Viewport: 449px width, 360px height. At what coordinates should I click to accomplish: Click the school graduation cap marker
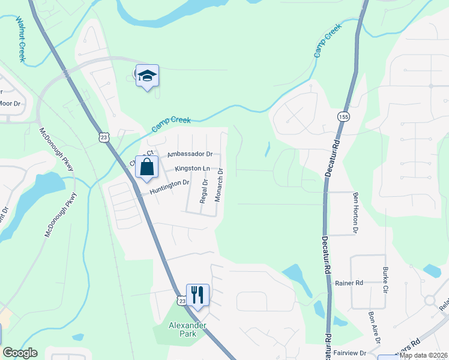point(147,76)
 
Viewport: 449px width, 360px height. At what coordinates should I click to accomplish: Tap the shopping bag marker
point(147,167)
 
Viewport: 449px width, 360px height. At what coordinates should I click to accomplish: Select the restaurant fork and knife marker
point(197,295)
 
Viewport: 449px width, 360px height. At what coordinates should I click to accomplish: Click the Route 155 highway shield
point(343,116)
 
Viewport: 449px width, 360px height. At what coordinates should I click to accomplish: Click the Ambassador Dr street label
point(190,154)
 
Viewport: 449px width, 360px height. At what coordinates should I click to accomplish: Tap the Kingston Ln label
point(193,169)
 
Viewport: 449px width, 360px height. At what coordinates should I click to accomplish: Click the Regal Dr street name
point(204,190)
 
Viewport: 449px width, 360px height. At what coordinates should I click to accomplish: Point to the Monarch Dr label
point(220,185)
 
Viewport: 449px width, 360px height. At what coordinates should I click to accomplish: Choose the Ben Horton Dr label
point(355,212)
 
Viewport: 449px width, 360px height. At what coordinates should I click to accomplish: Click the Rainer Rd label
point(349,283)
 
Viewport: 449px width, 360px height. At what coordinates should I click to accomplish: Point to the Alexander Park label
point(187,330)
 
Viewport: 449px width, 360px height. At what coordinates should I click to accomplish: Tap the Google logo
point(20,353)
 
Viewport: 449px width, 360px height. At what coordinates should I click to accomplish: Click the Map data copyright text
point(423,355)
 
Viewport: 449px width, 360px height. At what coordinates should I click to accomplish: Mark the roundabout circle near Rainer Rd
point(430,299)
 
